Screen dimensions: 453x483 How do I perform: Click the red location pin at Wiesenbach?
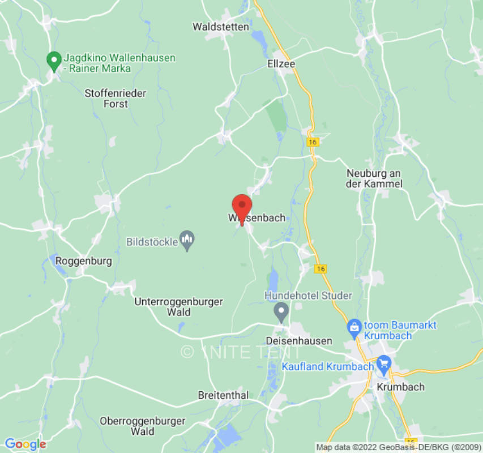pos(242,207)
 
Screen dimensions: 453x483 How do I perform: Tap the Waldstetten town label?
pos(221,27)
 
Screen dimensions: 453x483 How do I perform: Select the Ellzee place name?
pos(281,64)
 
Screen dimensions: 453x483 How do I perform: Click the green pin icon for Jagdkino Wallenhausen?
pos(54,61)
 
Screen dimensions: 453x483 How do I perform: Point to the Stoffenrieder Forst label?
pos(115,99)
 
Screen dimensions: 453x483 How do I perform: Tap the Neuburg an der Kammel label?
pos(374,178)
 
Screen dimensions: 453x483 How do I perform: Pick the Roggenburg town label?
pos(84,261)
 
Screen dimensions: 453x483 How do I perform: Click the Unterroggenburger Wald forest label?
pos(178,307)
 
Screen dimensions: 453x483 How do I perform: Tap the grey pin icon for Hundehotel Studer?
pos(281,311)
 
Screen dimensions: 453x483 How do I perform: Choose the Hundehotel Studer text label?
pos(309,296)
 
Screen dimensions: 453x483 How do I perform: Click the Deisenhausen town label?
pos(299,341)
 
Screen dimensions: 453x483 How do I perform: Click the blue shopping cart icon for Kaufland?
pos(384,362)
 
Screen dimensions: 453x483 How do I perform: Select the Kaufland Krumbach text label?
pos(328,366)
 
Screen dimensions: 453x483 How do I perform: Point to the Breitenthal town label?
pos(223,395)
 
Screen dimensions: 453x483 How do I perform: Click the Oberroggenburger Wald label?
pos(143,426)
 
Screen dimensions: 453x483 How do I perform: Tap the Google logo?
pos(25,444)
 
